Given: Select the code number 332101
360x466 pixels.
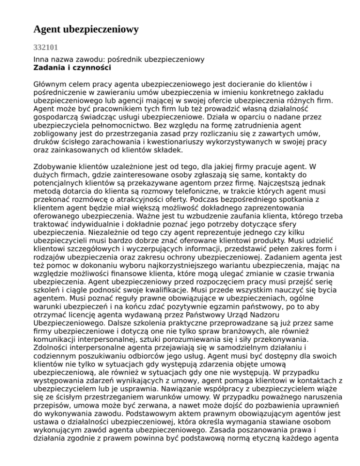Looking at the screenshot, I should (45, 48).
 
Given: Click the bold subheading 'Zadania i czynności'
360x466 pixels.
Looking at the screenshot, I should (72, 68).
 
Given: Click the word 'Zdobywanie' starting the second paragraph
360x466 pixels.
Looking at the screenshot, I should (56, 167).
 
